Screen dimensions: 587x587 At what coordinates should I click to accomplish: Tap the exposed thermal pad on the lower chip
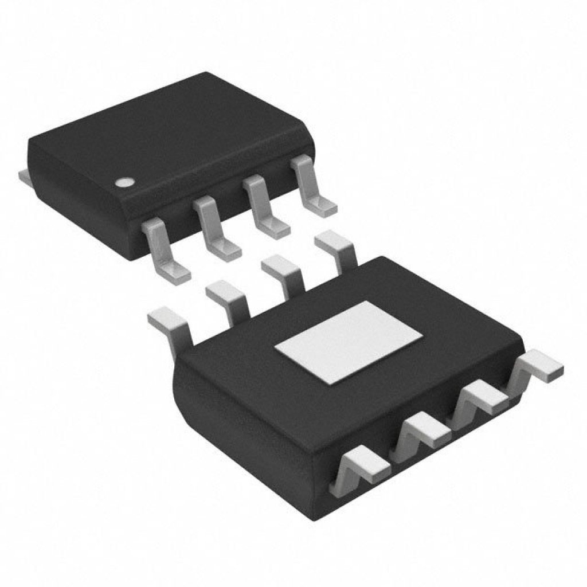(x=349, y=341)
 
